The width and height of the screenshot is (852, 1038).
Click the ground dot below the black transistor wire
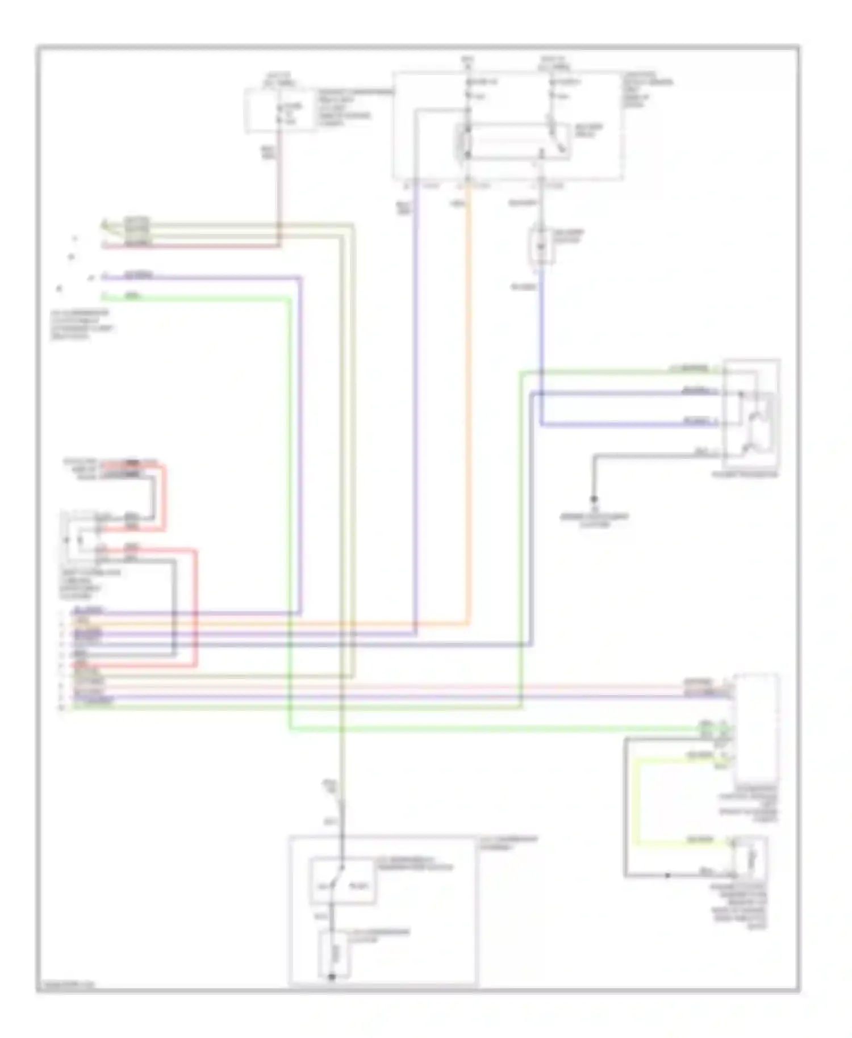coord(594,499)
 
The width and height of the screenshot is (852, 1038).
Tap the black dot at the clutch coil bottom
coord(332,976)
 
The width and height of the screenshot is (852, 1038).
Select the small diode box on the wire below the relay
coord(541,245)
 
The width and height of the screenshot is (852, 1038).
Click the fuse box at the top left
coord(281,111)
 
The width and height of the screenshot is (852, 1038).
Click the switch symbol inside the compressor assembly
coord(341,880)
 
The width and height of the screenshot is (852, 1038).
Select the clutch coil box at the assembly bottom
coord(334,953)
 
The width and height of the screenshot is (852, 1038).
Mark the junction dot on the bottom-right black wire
coord(668,875)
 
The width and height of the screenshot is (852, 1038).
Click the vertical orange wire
coord(469,397)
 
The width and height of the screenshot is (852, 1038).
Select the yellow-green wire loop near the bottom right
coord(636,801)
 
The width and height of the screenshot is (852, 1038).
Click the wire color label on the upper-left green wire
coord(132,296)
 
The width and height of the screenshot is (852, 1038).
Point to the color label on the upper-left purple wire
coord(138,275)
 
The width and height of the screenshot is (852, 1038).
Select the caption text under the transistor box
coord(745,474)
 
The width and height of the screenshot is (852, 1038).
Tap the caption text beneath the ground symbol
coord(594,520)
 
